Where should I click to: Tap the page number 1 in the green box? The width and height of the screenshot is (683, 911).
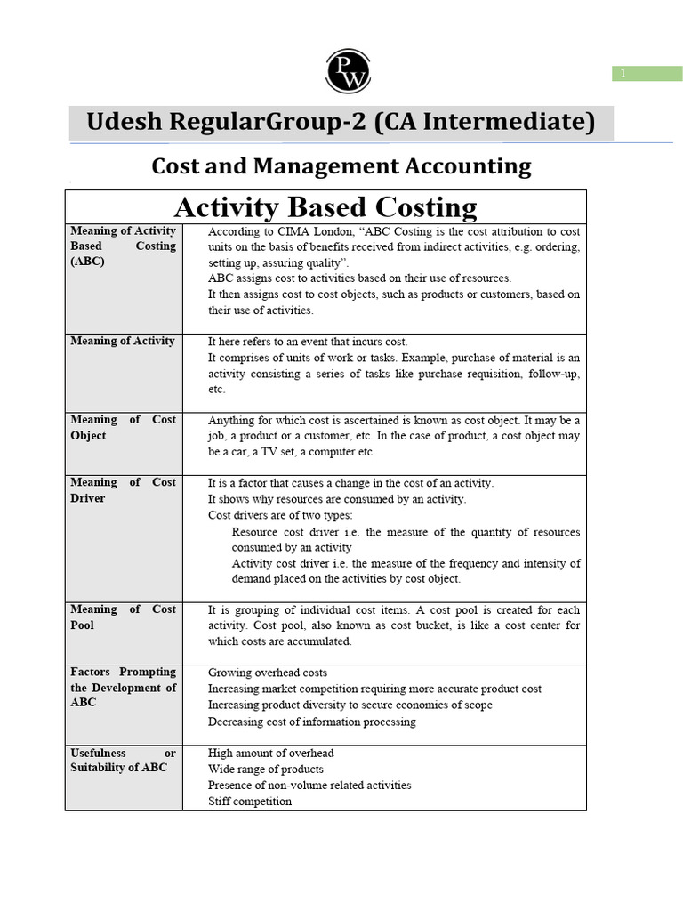tap(623, 74)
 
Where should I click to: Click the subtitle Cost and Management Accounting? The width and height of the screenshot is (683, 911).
tap(341, 165)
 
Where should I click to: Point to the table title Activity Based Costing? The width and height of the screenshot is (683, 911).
tap(325, 207)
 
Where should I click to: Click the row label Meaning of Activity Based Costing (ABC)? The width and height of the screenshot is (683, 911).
tap(123, 246)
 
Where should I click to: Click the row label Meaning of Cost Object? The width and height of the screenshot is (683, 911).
tap(123, 427)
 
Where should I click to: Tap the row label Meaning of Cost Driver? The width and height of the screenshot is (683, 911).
tap(123, 490)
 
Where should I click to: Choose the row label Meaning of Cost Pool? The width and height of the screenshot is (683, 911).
tap(123, 617)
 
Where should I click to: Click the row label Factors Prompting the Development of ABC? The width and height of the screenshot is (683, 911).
tap(123, 687)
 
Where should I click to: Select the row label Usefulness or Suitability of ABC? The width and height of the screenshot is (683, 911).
tap(123, 761)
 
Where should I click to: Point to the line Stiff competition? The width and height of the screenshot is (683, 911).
tap(250, 801)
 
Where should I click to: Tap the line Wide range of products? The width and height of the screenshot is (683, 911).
tap(266, 769)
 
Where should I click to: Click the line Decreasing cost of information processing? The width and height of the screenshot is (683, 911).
tap(312, 722)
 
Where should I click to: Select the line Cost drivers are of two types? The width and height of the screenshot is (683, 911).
tap(280, 515)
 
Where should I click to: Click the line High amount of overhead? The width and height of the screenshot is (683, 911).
tap(271, 753)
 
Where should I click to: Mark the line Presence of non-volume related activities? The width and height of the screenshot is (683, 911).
tap(309, 785)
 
